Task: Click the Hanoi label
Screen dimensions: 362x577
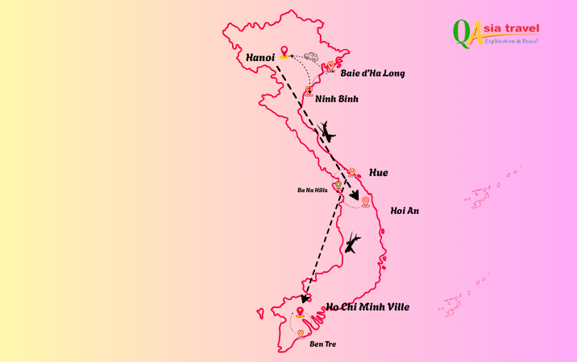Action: click(260, 58)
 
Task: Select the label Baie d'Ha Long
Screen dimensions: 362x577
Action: click(372, 73)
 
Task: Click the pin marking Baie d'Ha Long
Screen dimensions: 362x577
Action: click(331, 66)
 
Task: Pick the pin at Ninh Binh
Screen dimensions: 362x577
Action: click(309, 91)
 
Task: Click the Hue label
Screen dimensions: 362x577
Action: click(378, 173)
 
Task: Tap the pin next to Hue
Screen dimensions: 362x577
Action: click(351, 171)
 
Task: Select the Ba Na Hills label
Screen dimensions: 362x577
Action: click(313, 190)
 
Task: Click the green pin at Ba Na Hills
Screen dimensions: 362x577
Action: click(338, 184)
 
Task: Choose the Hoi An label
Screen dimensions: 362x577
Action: click(405, 211)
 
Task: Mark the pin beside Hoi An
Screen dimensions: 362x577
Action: click(365, 201)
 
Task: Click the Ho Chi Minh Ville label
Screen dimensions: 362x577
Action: click(367, 306)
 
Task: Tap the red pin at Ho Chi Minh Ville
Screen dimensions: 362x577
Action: click(300, 312)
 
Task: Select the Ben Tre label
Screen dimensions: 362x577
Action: click(322, 343)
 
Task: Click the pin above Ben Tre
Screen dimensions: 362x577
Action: click(301, 333)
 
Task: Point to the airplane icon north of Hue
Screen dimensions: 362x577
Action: click(327, 131)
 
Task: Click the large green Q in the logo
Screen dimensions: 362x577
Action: click(463, 32)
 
